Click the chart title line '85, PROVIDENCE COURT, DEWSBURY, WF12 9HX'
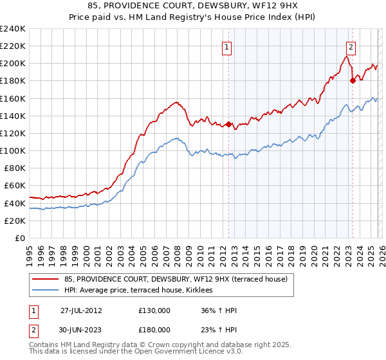193,6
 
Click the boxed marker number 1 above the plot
228,46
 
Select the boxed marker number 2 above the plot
351,46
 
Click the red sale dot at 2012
228,124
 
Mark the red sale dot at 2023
353,80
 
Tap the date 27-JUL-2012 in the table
81,310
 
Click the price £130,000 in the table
154,310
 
